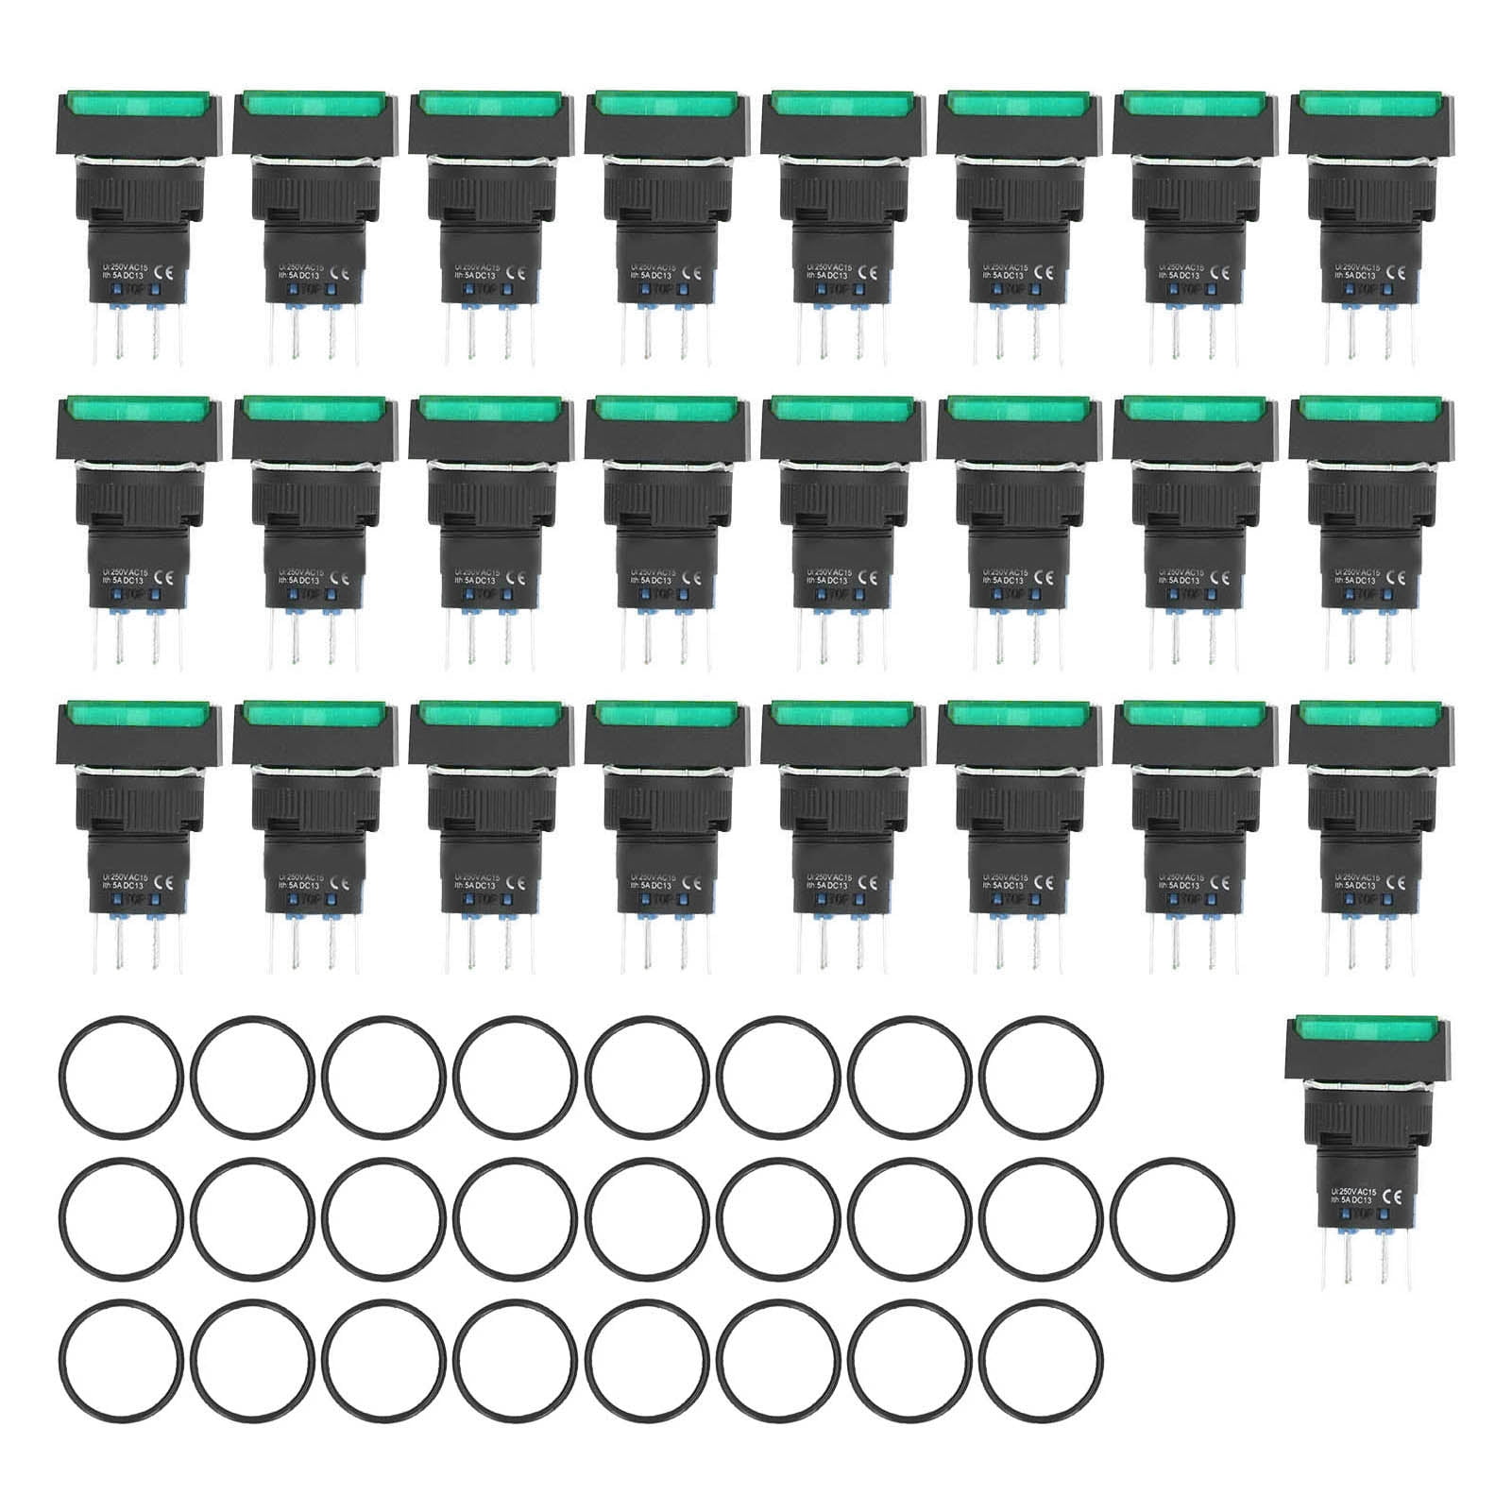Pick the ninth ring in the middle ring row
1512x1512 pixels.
[x=1172, y=1217]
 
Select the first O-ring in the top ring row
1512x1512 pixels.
[x=119, y=1077]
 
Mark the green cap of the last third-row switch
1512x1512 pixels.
[x=1370, y=714]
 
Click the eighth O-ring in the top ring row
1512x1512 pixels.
[x=1040, y=1077]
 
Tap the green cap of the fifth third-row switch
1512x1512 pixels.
[x=841, y=714]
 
